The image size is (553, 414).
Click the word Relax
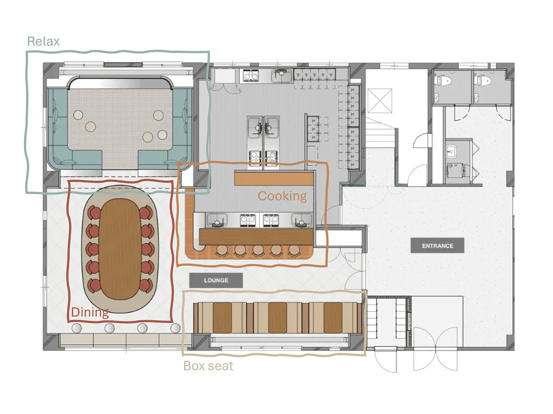[43, 41]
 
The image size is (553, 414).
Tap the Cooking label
[282, 196]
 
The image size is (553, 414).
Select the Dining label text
[90, 313]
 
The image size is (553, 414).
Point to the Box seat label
[208, 366]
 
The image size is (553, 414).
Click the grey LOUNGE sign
[216, 280]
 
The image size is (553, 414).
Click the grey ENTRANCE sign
[437, 245]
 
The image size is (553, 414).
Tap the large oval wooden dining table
[120, 249]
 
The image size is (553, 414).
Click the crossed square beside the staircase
[380, 101]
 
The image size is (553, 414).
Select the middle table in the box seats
[277, 318]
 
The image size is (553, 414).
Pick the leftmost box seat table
[222, 318]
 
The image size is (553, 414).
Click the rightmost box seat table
[333, 318]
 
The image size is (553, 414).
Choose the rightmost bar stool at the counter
[294, 251]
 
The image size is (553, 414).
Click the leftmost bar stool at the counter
[222, 251]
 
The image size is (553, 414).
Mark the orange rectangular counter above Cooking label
[274, 179]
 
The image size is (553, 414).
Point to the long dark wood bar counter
[256, 236]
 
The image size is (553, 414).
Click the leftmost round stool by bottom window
[76, 328]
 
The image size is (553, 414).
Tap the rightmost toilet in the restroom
[483, 81]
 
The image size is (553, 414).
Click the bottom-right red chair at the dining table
[146, 286]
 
